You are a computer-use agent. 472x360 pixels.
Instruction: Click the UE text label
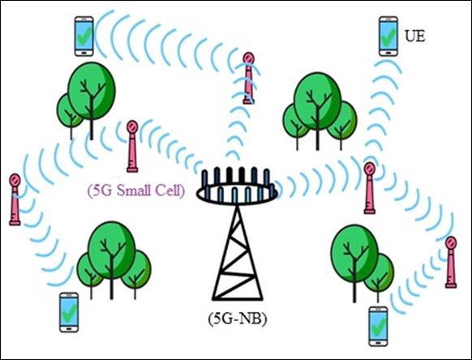414,36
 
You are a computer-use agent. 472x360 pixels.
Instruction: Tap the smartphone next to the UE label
388,36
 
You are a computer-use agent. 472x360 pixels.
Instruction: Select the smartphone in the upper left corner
84,36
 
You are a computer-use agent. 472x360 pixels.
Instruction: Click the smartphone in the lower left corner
69,312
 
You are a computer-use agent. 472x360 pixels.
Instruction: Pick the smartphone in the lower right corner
379,327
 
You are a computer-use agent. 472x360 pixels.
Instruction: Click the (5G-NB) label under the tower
238,319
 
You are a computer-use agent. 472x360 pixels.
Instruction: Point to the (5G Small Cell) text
136,191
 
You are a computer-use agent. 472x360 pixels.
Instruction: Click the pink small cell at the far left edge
15,199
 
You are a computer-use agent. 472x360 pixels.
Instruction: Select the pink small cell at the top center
249,79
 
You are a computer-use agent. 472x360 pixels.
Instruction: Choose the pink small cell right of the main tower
369,188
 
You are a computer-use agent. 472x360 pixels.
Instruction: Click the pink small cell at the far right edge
451,262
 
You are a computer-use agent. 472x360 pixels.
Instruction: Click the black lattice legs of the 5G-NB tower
238,253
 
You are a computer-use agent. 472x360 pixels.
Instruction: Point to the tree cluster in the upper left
87,101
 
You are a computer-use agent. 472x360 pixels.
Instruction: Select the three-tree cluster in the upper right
319,111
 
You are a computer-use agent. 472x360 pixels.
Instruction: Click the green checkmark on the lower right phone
379,326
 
